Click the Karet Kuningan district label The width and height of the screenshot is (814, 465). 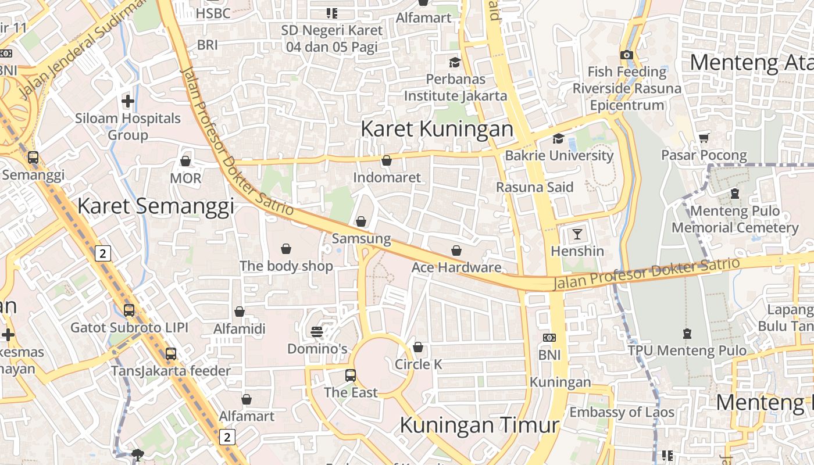[437, 129]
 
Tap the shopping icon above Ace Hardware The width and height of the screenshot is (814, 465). [456, 251]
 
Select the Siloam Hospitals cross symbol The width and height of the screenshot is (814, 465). [128, 101]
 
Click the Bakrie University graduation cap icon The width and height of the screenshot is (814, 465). [558, 138]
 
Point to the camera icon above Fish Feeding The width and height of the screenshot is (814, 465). [626, 55]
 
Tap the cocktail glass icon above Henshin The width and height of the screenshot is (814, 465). [577, 234]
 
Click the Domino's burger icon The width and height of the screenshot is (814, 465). [317, 332]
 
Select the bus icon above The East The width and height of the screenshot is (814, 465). [350, 375]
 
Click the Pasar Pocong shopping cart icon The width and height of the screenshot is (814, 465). [704, 138]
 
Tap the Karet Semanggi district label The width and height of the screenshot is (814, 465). [155, 206]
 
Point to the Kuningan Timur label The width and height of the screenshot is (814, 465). [479, 425]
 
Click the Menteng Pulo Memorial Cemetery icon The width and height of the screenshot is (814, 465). [735, 194]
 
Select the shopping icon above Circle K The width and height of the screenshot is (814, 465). [418, 347]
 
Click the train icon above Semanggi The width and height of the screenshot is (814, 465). [33, 157]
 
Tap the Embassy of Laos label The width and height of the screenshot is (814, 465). [622, 412]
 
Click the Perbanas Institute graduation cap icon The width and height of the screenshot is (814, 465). [455, 62]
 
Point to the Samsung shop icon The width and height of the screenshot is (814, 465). [361, 221]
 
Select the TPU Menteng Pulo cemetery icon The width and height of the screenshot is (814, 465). [687, 334]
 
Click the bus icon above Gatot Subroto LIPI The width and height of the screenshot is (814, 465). [129, 310]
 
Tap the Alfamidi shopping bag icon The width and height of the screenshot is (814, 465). [239, 312]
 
